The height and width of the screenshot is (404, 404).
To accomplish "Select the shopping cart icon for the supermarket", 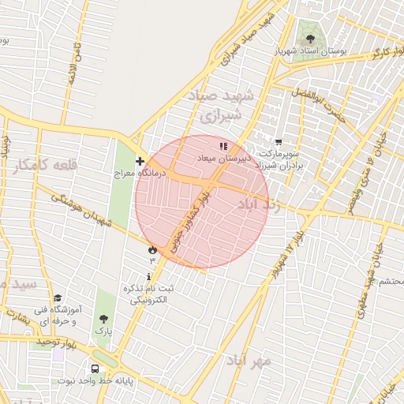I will click(x=277, y=143).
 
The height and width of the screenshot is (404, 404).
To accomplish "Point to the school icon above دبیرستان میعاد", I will click(x=223, y=146).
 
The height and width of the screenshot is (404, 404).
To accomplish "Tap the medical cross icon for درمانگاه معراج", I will click(x=140, y=161).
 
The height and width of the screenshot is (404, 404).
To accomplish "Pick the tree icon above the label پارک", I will click(x=103, y=319).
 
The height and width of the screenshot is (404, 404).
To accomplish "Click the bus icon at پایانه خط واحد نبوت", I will click(x=95, y=368).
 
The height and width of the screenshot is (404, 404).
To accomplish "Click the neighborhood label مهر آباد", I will click(x=249, y=360).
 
